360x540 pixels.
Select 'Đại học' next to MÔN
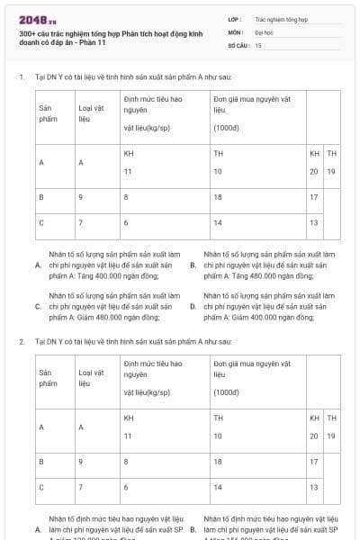click(x=263, y=31)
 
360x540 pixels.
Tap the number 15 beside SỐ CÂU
click(x=258, y=44)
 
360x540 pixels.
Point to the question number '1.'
click(x=21, y=77)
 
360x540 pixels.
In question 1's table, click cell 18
click(x=218, y=195)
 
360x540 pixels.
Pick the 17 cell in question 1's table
click(x=313, y=195)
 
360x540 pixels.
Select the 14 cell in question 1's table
click(x=218, y=221)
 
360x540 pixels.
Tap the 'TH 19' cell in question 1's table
click(x=332, y=162)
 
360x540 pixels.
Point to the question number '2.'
click(x=21, y=342)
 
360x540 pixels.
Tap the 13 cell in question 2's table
click(x=313, y=487)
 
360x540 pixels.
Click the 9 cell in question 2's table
click(x=81, y=461)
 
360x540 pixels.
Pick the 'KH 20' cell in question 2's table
click(x=314, y=427)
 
